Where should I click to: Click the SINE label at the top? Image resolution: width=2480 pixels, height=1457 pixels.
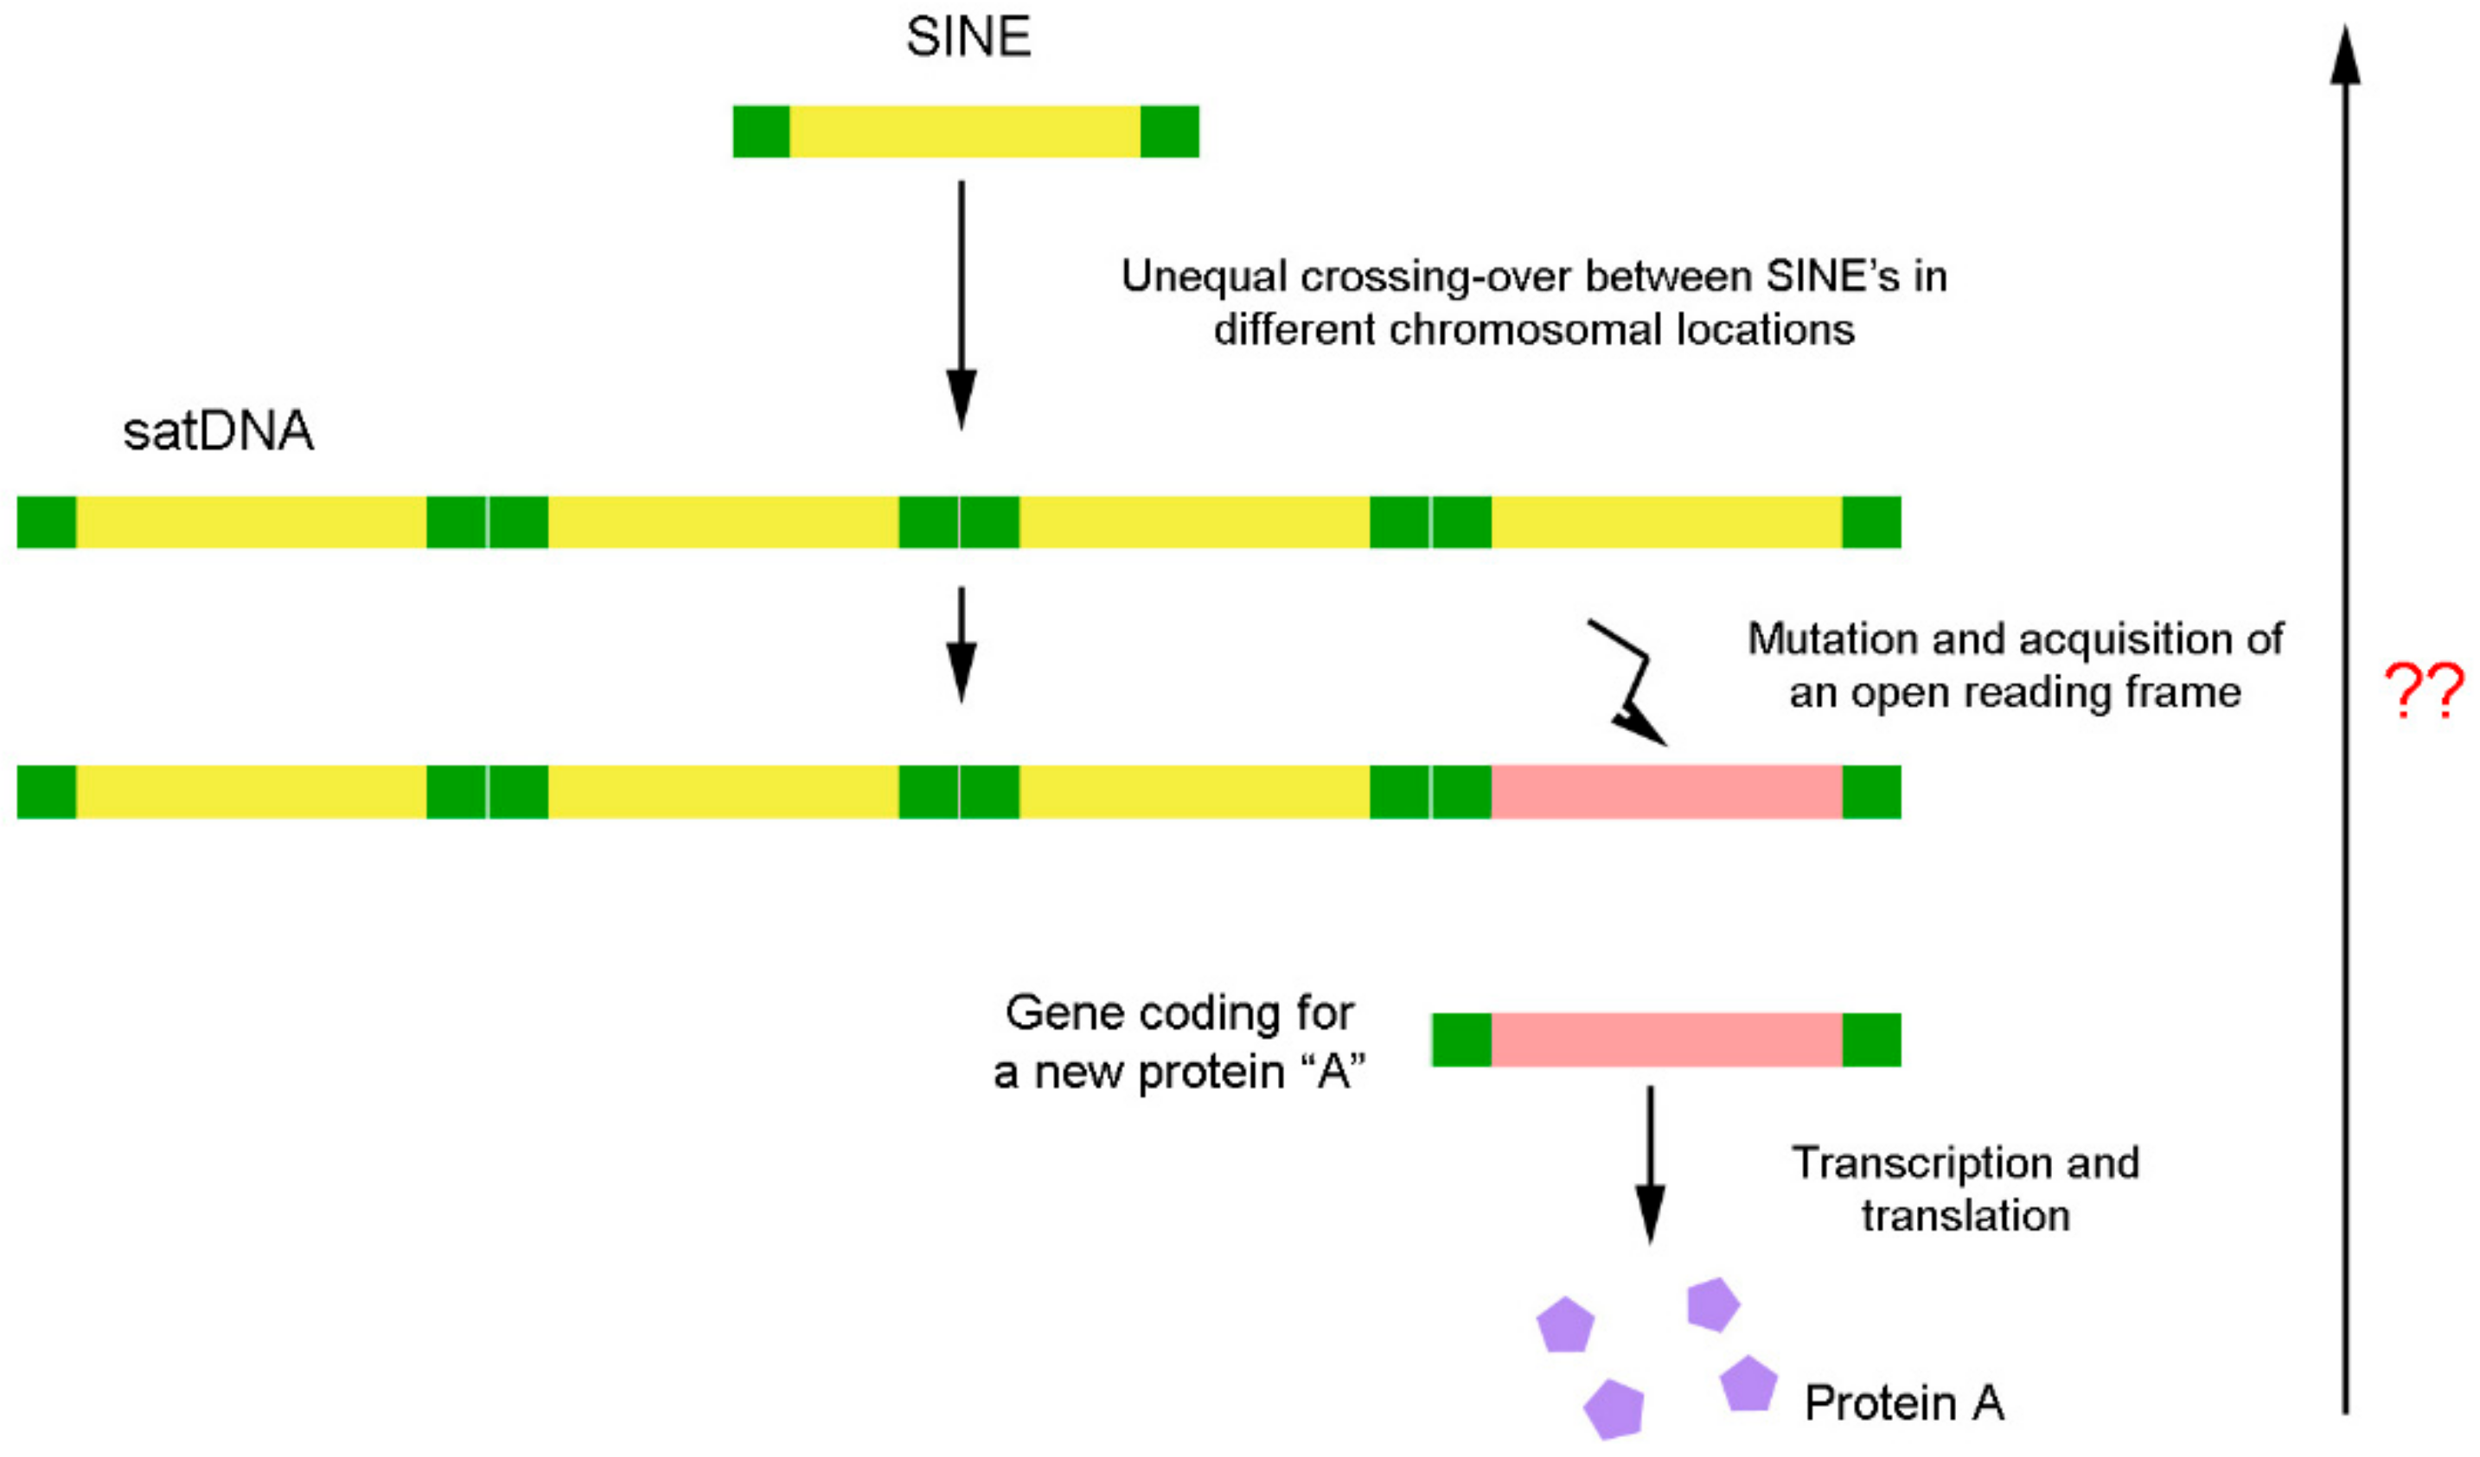(x=968, y=37)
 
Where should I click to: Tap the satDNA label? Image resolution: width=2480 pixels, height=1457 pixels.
(x=218, y=431)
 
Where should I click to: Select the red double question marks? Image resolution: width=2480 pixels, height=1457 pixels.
(x=2423, y=691)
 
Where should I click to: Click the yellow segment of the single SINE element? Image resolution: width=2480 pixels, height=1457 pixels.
(x=964, y=132)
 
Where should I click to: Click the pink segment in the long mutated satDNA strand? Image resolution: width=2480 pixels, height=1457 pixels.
(x=1665, y=792)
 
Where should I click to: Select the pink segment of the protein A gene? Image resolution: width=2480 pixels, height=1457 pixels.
(x=1665, y=1040)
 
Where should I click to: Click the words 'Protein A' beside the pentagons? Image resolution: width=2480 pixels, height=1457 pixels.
(x=1903, y=1403)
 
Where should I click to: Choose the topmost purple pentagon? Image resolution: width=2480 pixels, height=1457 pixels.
(x=1712, y=1305)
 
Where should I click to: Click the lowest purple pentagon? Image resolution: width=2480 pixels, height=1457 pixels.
(x=1614, y=1409)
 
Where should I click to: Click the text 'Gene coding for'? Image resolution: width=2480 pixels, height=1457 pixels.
(x=1179, y=1014)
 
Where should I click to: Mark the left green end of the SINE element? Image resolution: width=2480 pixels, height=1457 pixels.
(x=761, y=132)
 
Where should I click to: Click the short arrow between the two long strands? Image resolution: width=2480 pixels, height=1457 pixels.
(x=961, y=645)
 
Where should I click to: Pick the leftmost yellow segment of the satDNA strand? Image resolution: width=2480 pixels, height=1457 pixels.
(x=251, y=523)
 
